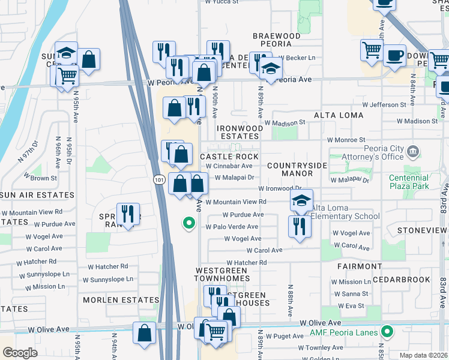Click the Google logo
20,353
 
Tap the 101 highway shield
158,179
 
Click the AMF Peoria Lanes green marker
388,331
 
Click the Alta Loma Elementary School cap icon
302,201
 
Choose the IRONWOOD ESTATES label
240,132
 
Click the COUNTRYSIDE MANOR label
297,169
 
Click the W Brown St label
40,178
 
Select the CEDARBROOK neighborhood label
402,280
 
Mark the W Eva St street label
351,305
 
